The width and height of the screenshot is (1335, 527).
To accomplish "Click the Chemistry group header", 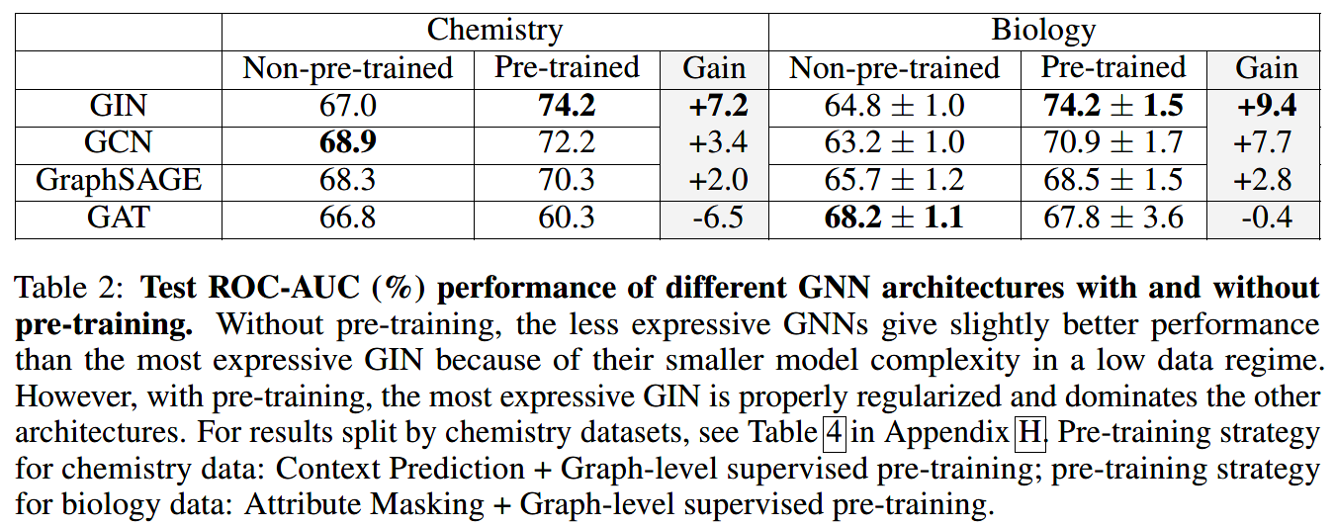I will point(494,30).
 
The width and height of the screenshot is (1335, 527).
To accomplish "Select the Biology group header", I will point(1043,30).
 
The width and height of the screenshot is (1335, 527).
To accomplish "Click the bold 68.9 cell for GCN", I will point(348,142).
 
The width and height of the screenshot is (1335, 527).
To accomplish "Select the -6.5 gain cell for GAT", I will point(715,218).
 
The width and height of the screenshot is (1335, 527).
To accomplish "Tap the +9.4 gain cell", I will point(1264,105).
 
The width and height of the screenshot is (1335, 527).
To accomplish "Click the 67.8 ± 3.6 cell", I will point(1112,218).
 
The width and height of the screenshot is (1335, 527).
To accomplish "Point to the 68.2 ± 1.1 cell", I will point(894,218).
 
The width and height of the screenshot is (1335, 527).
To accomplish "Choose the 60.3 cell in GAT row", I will point(567,218).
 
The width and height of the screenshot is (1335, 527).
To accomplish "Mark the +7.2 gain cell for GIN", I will point(715,105).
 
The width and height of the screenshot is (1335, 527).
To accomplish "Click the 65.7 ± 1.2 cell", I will point(894,180).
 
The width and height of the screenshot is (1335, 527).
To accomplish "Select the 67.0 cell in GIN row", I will point(348,105).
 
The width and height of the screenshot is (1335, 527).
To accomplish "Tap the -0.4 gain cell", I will point(1264,218).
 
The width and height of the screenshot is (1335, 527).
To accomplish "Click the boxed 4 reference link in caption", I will point(834,433).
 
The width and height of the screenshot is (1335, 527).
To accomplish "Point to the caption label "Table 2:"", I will point(71,288).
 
